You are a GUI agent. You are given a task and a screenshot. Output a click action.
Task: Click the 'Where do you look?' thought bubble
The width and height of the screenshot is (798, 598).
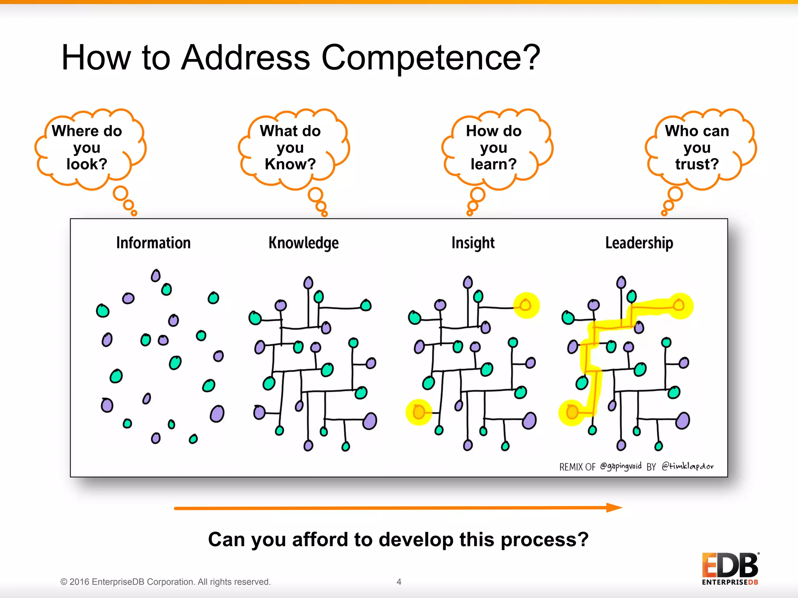(87, 148)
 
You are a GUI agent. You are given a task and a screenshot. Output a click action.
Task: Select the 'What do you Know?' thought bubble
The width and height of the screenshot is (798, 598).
(290, 148)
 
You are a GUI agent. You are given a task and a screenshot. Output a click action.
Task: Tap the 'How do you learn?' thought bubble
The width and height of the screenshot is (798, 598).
(494, 148)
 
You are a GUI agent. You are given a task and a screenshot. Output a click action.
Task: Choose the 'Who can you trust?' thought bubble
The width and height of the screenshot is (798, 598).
(697, 148)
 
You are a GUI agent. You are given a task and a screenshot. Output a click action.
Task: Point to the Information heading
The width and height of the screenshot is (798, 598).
(153, 243)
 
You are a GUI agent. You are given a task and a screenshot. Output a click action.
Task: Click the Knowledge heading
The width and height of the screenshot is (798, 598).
(304, 243)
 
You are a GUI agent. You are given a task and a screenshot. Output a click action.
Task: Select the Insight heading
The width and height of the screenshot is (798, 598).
(473, 243)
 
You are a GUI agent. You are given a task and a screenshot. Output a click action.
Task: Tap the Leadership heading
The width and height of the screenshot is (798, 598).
(639, 243)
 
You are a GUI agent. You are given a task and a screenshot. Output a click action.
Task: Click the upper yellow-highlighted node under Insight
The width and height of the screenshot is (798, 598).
(526, 305)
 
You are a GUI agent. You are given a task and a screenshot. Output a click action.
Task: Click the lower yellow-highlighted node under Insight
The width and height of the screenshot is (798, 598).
(418, 412)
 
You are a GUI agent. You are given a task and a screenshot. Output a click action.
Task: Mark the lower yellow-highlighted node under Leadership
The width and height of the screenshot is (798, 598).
(572, 412)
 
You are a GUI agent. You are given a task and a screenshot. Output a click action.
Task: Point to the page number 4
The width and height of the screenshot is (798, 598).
(399, 582)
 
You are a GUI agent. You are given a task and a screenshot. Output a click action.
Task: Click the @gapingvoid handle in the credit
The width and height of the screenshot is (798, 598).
(620, 466)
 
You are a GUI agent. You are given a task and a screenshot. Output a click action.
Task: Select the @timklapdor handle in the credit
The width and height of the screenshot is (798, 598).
(687, 466)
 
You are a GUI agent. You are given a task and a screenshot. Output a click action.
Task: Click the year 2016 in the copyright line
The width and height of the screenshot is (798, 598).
(79, 582)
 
